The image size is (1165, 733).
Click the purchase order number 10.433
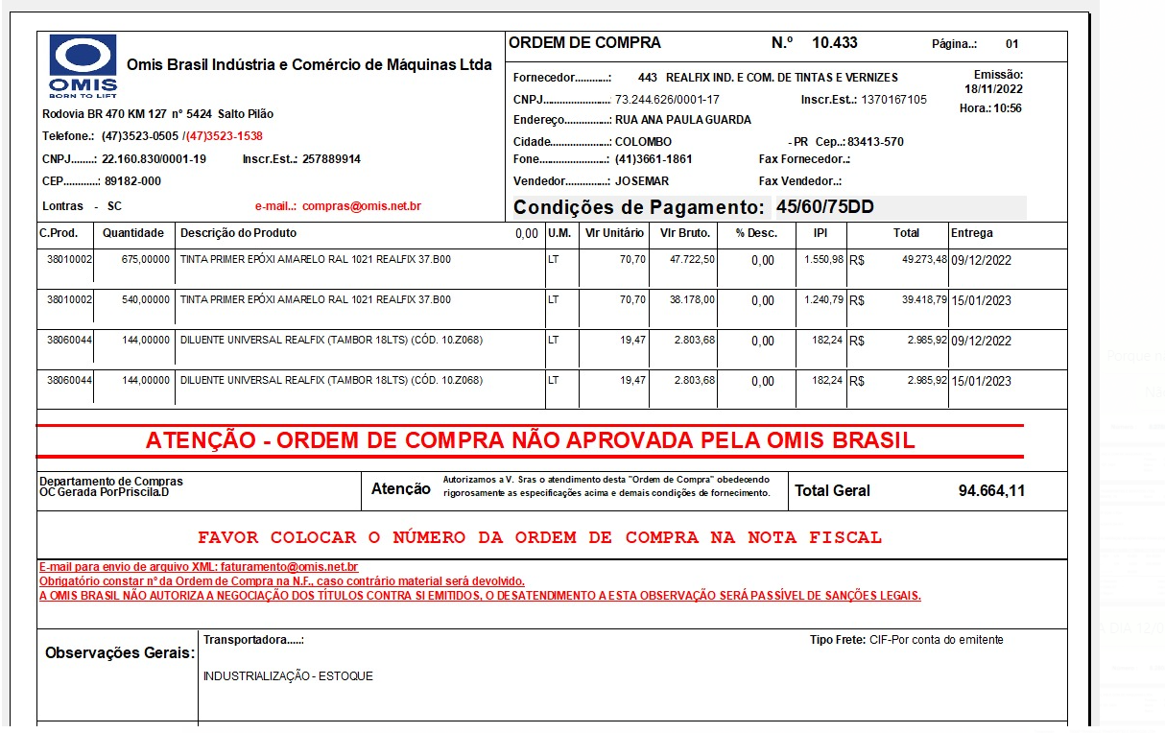click(x=834, y=43)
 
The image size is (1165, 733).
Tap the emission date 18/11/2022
click(x=993, y=89)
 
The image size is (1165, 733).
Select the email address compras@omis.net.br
click(x=362, y=206)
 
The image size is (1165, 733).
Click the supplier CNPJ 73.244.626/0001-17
click(x=667, y=100)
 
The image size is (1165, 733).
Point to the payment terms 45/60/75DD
click(x=825, y=207)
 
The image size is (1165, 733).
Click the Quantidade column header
click(x=133, y=233)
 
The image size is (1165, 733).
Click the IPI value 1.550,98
click(x=823, y=260)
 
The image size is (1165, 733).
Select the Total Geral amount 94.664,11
click(x=991, y=490)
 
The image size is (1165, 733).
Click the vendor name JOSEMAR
click(x=642, y=181)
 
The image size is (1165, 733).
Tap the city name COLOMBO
click(x=643, y=142)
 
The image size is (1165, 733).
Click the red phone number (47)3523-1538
click(x=225, y=136)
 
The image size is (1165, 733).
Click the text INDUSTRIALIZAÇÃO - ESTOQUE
click(x=288, y=676)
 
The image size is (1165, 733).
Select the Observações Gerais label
click(x=119, y=653)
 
